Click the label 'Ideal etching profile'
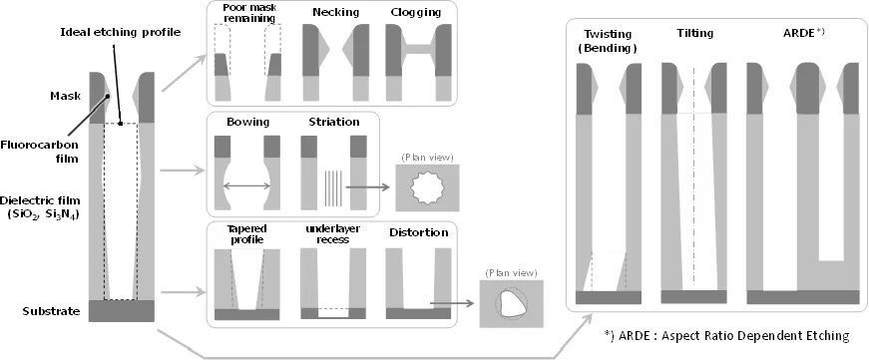(121, 32)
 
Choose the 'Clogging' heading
(416, 12)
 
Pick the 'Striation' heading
(334, 122)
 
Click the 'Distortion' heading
(418, 232)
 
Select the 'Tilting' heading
(695, 33)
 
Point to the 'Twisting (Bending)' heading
(608, 41)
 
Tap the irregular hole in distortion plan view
(512, 304)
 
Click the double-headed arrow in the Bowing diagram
(246, 186)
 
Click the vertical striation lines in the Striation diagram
(333, 187)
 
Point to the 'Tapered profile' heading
(246, 233)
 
